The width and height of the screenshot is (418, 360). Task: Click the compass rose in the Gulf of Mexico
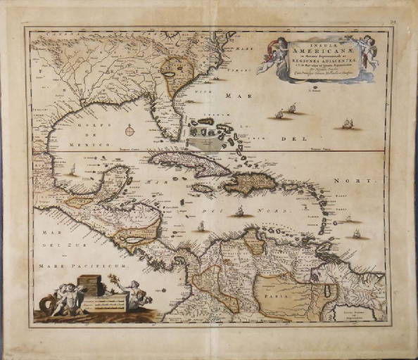click(x=130, y=129)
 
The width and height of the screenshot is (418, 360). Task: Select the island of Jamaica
click(x=203, y=188)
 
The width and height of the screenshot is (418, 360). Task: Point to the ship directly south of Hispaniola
click(x=240, y=210)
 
